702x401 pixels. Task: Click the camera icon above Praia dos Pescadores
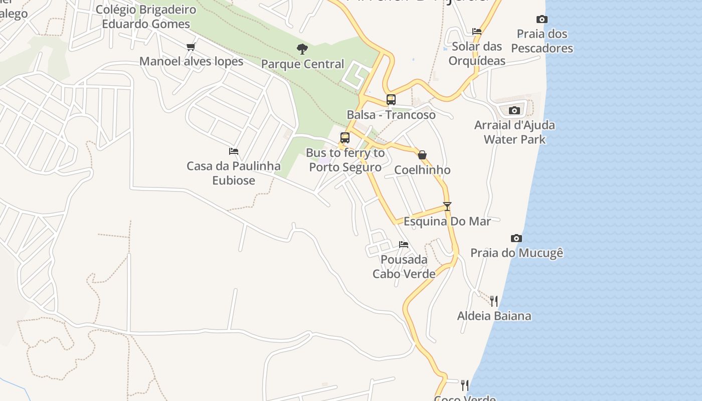(542, 20)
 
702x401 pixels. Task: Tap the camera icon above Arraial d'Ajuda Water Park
(514, 110)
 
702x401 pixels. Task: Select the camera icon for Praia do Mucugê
(516, 238)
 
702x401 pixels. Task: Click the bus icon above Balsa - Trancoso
(391, 99)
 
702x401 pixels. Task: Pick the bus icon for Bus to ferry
(344, 137)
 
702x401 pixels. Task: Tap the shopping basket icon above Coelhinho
(422, 155)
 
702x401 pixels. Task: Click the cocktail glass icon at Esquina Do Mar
(447, 206)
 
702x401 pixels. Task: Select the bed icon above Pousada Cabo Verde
(404, 245)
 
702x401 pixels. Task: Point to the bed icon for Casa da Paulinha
(233, 151)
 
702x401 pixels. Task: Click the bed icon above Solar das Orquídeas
(476, 31)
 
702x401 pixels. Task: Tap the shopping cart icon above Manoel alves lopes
(191, 47)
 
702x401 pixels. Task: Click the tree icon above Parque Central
(302, 49)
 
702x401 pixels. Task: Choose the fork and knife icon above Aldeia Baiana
(494, 301)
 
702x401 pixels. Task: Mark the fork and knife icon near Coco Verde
(465, 385)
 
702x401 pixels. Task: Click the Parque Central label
(303, 64)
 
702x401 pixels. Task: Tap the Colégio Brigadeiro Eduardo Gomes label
(146, 17)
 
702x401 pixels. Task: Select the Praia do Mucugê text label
(516, 253)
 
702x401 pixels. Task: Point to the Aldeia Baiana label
(494, 316)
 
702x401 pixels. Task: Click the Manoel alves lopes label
(191, 62)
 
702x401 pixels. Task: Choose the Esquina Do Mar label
(447, 221)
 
